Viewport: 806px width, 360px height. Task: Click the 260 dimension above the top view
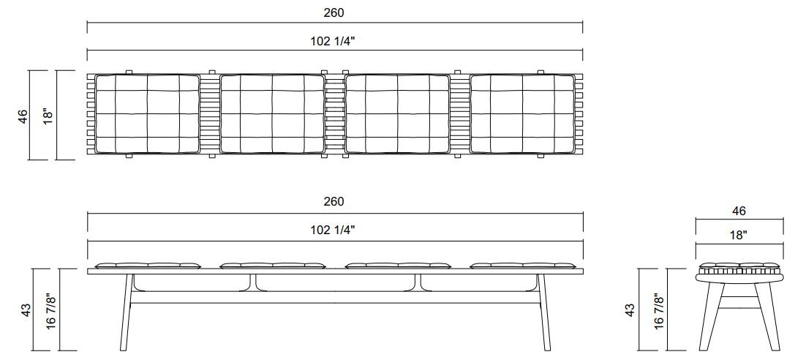click(334, 12)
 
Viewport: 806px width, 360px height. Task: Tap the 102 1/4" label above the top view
click(334, 41)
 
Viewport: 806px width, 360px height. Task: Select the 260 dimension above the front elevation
click(334, 201)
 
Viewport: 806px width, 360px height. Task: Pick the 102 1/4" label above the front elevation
click(334, 230)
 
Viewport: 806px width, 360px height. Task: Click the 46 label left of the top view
click(23, 116)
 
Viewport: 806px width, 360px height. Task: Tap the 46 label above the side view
click(739, 211)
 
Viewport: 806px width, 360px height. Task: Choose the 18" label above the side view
click(739, 235)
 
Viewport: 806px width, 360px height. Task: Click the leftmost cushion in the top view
click(147, 113)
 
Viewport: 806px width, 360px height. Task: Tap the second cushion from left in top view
click(272, 113)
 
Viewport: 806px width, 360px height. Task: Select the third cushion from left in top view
click(397, 113)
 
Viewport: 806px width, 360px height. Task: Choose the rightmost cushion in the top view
click(522, 113)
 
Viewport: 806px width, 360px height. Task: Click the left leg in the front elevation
click(125, 315)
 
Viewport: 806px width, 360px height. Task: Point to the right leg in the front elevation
click(545, 315)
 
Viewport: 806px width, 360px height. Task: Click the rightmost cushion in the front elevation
click(522, 265)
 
